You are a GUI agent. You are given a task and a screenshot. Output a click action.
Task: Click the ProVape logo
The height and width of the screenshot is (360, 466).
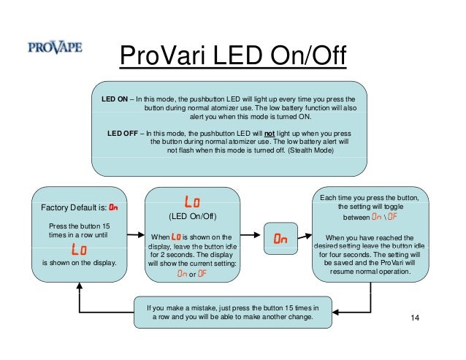tap(55, 48)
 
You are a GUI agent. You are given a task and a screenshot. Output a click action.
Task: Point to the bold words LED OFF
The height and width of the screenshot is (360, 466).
tap(124, 134)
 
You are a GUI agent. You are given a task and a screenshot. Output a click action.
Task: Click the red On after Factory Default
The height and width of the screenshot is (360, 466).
tap(112, 207)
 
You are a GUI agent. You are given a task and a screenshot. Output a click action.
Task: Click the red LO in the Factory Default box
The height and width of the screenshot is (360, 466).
tap(80, 249)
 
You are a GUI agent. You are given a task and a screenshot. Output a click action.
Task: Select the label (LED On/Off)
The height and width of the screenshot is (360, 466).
tap(192, 217)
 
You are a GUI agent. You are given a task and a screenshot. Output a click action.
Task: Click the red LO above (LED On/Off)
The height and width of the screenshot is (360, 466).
tap(192, 200)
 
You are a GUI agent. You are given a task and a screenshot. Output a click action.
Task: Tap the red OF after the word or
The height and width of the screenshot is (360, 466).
tap(202, 274)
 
